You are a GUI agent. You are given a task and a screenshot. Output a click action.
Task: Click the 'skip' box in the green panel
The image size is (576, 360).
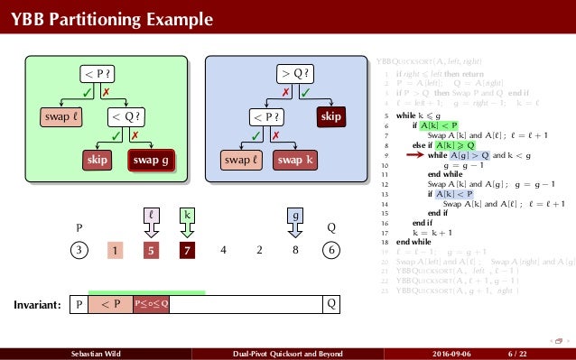[x=97, y=160]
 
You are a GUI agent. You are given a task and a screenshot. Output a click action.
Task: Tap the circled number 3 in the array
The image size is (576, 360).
[x=79, y=250]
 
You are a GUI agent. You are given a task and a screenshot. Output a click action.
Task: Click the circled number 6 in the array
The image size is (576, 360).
[x=332, y=250]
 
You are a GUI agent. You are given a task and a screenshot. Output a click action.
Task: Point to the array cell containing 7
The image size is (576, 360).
[x=187, y=250]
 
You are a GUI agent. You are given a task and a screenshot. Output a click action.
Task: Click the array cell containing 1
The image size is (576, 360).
[x=116, y=250]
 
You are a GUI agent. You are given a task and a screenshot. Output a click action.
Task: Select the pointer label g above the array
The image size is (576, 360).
[x=296, y=216]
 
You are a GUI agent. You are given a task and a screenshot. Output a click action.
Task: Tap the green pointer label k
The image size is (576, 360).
[x=187, y=216]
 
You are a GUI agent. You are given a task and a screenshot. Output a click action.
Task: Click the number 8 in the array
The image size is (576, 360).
[x=296, y=250]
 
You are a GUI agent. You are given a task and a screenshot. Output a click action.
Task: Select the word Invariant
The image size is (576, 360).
[x=37, y=305]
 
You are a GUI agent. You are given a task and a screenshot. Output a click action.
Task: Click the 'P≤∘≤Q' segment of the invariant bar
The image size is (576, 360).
[x=152, y=304]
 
